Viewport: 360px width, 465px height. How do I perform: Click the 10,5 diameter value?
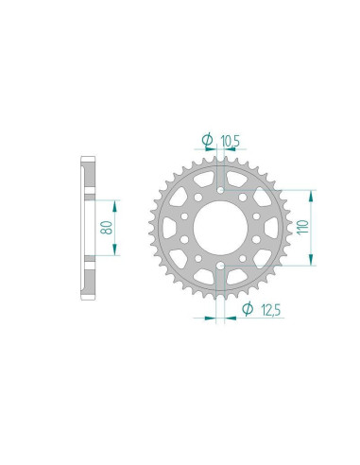coord(231,141)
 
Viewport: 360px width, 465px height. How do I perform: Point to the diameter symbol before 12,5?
coord(245,309)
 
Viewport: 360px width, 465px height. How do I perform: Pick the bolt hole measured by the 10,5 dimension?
coord(220,189)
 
